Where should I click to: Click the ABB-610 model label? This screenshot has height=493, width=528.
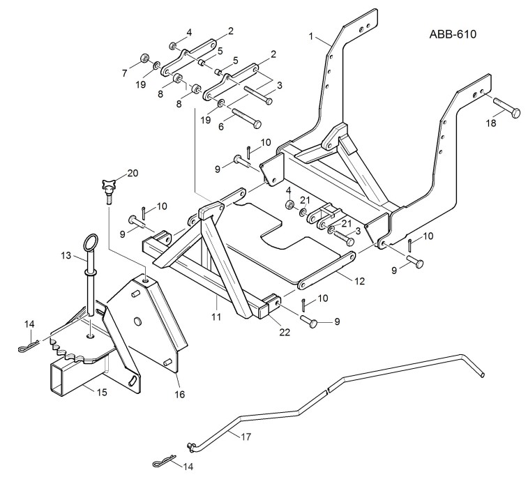tap(453, 34)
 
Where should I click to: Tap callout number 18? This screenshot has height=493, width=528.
tap(491, 123)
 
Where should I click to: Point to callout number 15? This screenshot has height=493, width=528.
tap(102, 393)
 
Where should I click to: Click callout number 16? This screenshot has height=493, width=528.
tap(180, 395)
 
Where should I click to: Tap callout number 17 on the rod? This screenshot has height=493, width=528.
tap(246, 437)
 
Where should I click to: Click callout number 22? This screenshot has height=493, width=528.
tap(285, 333)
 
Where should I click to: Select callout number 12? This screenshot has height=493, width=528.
tap(360, 281)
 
